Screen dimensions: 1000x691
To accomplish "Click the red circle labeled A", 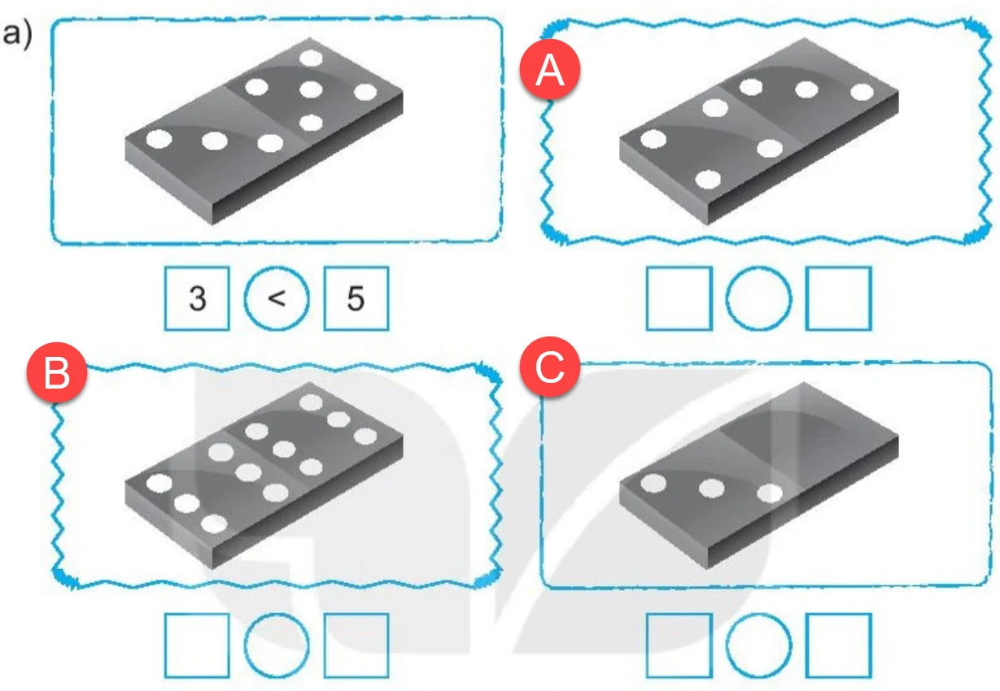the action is (550, 69).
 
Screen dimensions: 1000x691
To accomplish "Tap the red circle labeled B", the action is (57, 372).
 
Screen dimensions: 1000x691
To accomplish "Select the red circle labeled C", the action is (550, 367).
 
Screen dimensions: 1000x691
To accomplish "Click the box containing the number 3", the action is (197, 298).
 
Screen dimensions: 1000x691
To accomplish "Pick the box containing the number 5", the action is (356, 298).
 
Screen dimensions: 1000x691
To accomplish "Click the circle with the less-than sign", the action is (277, 298).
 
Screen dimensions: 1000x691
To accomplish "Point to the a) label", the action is (17, 34).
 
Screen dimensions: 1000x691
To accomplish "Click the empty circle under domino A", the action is (758, 298).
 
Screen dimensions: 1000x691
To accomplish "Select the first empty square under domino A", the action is (679, 298).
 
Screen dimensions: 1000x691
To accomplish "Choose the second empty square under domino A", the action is (838, 298).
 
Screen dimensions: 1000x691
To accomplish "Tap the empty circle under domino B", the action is (277, 645).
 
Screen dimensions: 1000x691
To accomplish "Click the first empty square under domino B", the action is (197, 645).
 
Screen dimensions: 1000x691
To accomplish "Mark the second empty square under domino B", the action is (356, 645).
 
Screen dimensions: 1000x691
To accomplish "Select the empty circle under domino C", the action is (758, 645).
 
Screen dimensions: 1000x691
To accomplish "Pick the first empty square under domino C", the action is (679, 645).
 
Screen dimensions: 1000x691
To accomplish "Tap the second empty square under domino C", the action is (838, 645).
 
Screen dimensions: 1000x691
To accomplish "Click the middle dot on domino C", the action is (712, 488).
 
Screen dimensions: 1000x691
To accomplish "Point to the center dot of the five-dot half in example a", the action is (311, 89).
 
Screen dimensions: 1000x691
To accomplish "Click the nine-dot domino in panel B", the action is (264, 476).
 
